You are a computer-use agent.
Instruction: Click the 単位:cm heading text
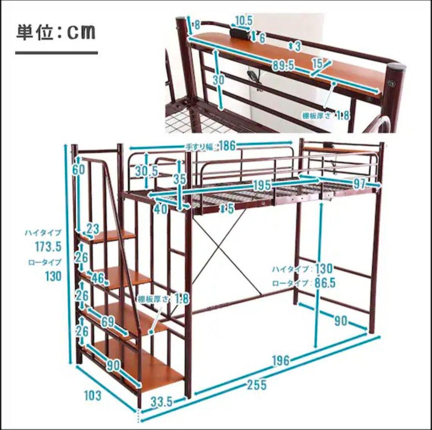click(x=56, y=32)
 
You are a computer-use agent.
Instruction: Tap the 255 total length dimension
click(x=256, y=385)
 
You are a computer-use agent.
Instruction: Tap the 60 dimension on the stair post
click(x=79, y=169)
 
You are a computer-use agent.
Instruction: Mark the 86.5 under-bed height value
click(x=325, y=283)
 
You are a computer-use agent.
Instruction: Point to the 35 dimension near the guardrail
click(x=180, y=178)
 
